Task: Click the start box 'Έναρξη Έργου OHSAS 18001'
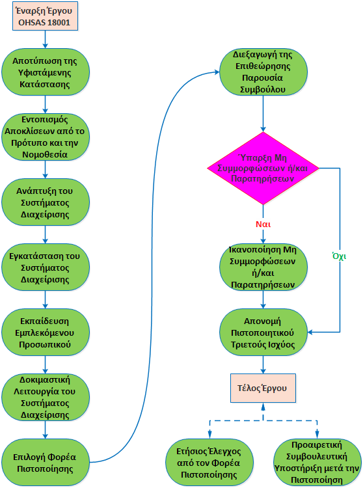(45, 16)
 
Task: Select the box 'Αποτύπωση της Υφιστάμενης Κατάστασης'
(45, 72)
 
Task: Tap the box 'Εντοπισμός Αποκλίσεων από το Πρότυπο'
(45, 137)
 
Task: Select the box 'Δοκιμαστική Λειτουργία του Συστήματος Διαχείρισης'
(45, 396)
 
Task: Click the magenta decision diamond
(263, 167)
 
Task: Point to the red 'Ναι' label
(263, 224)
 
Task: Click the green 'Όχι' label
(339, 256)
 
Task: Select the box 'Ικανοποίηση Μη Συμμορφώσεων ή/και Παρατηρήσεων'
(263, 267)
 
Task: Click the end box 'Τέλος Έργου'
(263, 388)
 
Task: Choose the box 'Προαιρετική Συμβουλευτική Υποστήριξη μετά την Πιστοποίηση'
(317, 461)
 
